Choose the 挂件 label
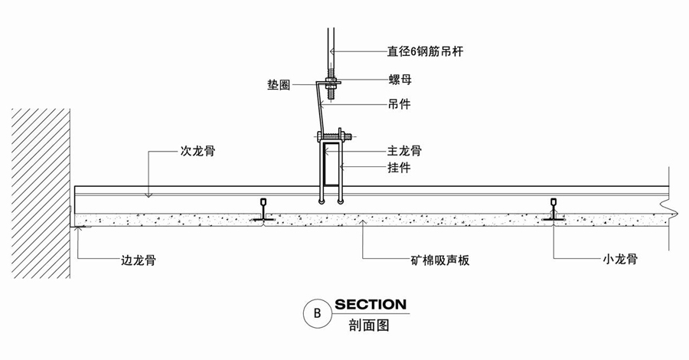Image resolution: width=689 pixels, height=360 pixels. (x=400, y=168)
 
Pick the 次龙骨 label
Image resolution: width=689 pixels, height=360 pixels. (x=197, y=152)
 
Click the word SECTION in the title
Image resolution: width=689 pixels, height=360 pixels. (x=371, y=305)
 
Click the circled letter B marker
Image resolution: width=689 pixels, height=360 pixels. (x=315, y=313)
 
